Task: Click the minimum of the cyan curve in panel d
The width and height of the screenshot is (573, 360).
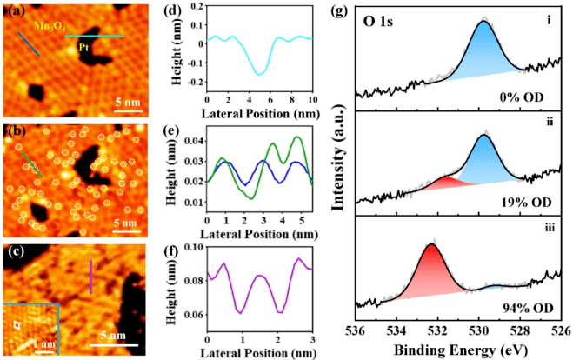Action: click(258, 74)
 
